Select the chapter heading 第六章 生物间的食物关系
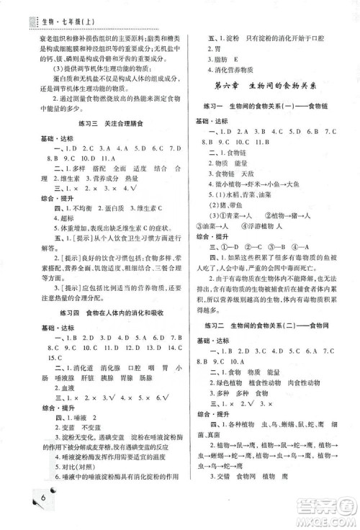pyautogui.click(x=270, y=86)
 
